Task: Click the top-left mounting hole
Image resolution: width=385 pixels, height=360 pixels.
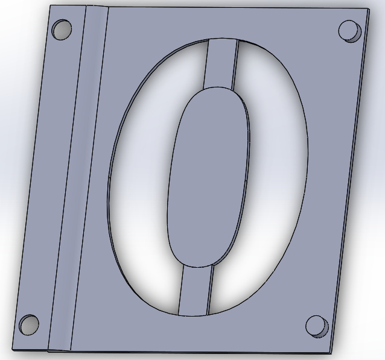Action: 62,29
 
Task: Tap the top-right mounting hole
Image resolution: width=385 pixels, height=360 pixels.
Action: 349,30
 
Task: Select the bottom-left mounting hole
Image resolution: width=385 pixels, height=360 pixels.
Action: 28,325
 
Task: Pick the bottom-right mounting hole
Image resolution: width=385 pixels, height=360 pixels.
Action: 316,326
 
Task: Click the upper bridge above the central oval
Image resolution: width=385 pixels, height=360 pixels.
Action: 220,64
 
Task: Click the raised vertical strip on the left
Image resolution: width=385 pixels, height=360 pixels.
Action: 77,181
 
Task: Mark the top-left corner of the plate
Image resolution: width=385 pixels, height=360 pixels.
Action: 51,6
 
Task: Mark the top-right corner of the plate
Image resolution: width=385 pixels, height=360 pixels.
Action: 369,9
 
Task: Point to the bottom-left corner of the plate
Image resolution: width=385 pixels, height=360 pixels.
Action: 13,349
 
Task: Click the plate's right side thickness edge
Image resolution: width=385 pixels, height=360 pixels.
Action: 351,181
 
